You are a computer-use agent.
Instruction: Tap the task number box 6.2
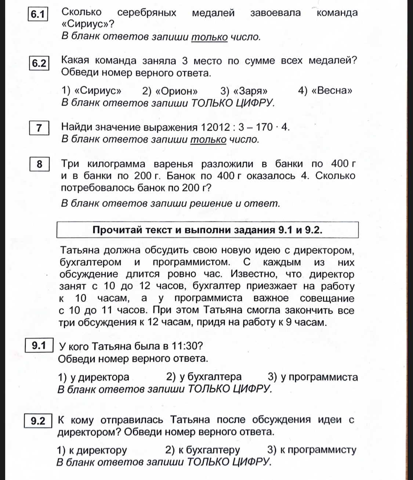point(39,63)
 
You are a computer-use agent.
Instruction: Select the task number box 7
point(39,128)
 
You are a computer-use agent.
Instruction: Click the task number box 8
point(39,164)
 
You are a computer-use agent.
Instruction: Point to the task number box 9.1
point(39,346)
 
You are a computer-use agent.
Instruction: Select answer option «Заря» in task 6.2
point(244,90)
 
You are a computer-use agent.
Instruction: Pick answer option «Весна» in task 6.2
point(326,90)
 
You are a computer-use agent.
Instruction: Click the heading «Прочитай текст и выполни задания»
point(207,230)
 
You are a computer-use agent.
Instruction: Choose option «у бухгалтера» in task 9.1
point(204,377)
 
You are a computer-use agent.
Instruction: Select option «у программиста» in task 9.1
point(313,377)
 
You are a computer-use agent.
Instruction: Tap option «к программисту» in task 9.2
point(312,450)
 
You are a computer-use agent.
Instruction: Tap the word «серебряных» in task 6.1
point(146,13)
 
